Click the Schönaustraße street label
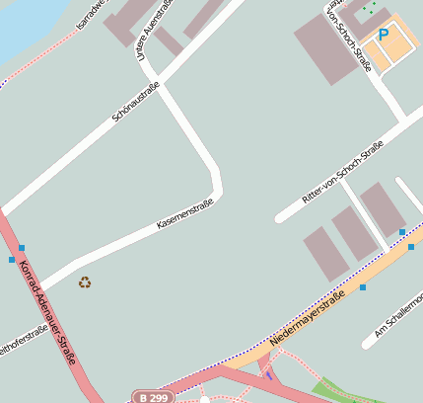[x=136, y=102]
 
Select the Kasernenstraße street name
[x=185, y=214]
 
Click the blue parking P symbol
[x=384, y=35]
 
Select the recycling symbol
[x=85, y=282]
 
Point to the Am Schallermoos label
[x=398, y=317]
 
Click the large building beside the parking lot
[x=326, y=47]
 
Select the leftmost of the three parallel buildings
[x=325, y=253]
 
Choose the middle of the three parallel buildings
[x=354, y=234]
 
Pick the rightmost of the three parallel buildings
[x=383, y=208]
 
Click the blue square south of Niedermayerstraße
[x=363, y=287]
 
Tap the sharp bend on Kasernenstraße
[x=217, y=183]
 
